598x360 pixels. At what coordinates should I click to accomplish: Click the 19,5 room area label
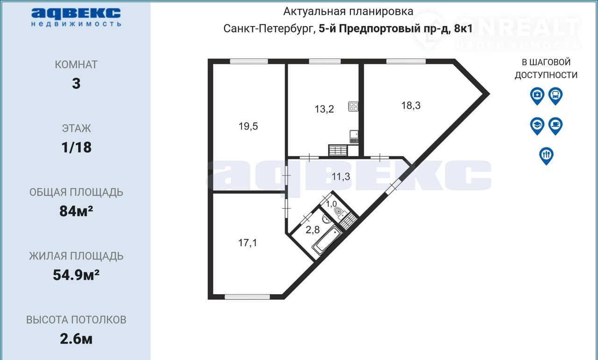coord(248,126)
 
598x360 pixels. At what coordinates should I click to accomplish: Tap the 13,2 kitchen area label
coord(324,109)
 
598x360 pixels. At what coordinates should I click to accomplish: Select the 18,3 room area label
coord(411,106)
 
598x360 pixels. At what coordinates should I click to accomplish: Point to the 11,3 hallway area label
coord(341,176)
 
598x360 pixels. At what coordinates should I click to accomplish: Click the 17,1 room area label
coord(248,243)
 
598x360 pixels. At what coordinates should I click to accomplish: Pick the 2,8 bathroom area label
coord(313,230)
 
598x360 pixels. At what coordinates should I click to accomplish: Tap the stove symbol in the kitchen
coord(353,106)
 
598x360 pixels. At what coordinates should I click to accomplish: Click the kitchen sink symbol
coord(354,137)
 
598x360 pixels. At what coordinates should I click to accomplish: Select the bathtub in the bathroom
coord(327,240)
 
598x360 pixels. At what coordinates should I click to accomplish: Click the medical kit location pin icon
coord(537,96)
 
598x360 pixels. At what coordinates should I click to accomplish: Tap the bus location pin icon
coord(555,96)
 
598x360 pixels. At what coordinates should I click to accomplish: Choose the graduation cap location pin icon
coord(537,126)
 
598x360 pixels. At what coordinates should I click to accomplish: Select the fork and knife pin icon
coord(546,156)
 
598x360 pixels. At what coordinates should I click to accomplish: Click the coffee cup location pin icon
coord(555,126)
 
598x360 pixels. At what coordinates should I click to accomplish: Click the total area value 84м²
coord(76,211)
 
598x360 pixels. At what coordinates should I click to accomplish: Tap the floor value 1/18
coord(76,147)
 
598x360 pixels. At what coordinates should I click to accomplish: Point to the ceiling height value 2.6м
coord(76,339)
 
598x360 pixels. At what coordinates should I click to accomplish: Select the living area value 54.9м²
coord(76,275)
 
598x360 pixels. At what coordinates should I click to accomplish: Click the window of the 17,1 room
coord(248,297)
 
